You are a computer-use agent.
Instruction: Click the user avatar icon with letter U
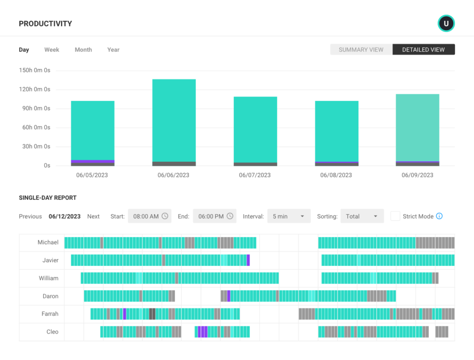(446, 24)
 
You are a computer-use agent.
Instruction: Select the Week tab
(52, 50)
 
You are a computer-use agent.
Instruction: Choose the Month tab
(83, 50)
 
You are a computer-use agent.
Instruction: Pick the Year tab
(113, 50)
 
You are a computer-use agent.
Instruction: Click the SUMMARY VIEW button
(361, 50)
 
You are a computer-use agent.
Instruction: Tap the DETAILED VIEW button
(424, 50)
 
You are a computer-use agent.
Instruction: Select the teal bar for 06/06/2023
(174, 120)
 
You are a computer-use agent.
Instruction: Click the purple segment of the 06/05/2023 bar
(93, 161)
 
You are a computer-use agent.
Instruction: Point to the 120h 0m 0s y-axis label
(35, 89)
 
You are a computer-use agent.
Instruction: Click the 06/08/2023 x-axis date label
(337, 175)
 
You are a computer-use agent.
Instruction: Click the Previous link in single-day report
(31, 216)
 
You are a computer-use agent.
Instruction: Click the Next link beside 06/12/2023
(94, 216)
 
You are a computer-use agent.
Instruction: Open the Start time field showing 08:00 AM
(150, 216)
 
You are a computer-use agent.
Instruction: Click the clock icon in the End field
(230, 216)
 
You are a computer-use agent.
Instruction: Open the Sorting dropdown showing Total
(362, 216)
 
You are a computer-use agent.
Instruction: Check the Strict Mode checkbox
(395, 216)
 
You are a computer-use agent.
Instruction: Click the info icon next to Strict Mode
(439, 216)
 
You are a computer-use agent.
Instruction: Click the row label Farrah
(50, 314)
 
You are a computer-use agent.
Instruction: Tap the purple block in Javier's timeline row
(248, 260)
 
